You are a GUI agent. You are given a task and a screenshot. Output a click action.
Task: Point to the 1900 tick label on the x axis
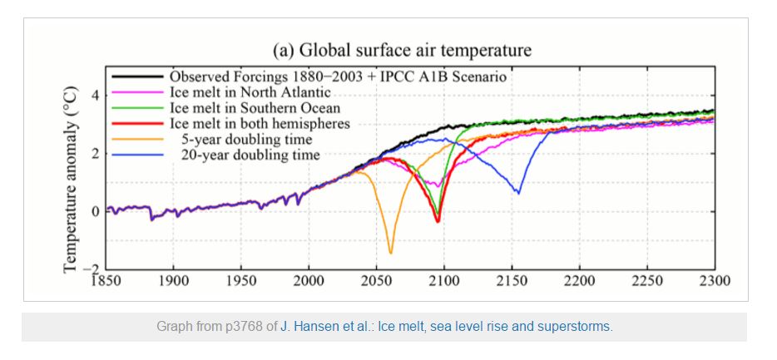click(x=173, y=280)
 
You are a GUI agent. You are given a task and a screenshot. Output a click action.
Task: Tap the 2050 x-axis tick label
click(x=377, y=280)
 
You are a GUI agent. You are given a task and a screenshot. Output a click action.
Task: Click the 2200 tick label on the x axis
click(x=580, y=280)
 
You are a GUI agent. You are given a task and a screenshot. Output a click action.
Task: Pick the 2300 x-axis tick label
click(x=714, y=280)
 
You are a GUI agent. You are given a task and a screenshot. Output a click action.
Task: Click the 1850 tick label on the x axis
click(x=106, y=280)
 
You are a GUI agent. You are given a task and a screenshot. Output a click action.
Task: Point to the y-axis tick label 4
click(x=95, y=96)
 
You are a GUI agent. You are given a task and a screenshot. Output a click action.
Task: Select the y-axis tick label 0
click(x=95, y=211)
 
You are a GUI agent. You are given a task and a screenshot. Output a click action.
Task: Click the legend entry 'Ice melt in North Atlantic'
click(x=250, y=92)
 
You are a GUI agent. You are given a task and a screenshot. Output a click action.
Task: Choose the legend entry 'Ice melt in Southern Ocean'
click(x=255, y=108)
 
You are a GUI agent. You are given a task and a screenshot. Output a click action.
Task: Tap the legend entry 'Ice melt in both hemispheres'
click(x=260, y=124)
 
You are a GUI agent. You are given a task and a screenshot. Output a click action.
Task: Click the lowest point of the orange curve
click(x=391, y=252)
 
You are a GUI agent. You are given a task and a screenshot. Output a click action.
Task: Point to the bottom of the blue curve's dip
click(x=518, y=193)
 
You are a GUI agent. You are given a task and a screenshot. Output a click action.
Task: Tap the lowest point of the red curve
click(x=438, y=221)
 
